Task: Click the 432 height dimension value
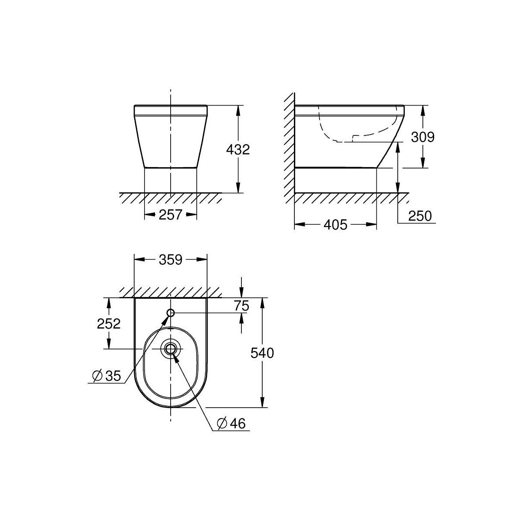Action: click(x=238, y=150)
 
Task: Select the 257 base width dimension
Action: click(x=171, y=214)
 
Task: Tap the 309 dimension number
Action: click(x=422, y=137)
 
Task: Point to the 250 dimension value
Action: click(x=420, y=216)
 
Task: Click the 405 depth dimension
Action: click(x=335, y=224)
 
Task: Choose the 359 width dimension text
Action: click(x=171, y=260)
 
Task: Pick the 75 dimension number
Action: click(x=241, y=306)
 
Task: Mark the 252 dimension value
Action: click(x=109, y=323)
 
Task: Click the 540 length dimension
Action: click(x=262, y=353)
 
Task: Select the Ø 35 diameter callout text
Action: click(x=106, y=376)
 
